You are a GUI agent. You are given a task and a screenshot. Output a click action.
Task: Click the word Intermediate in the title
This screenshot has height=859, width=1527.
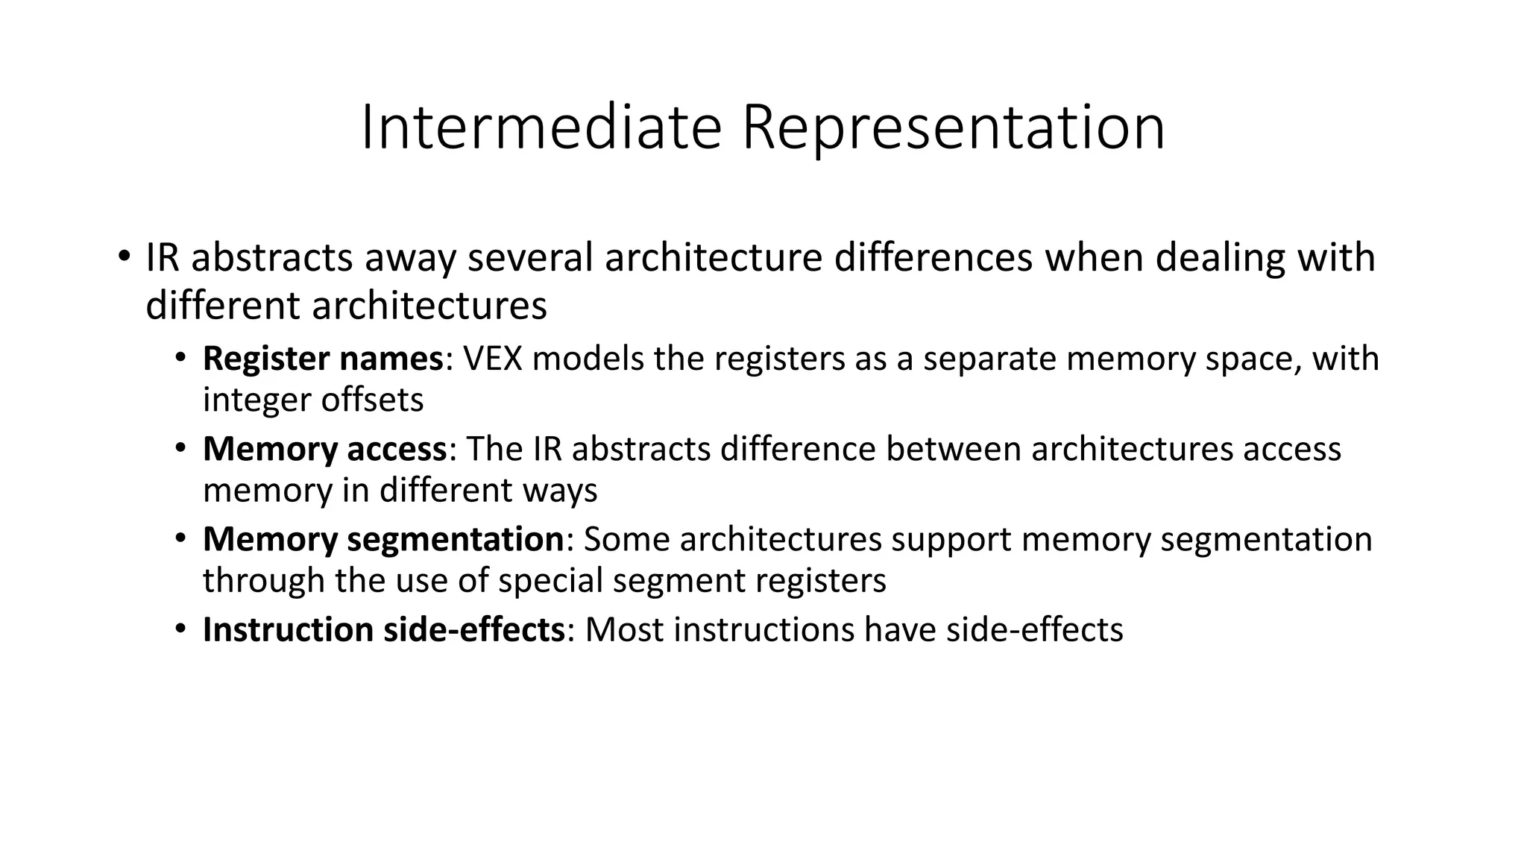pos(541,128)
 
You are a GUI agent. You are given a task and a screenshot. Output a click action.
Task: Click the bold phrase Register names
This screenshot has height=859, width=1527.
pos(323,359)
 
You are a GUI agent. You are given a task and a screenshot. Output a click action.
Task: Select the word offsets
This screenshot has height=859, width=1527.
pos(372,400)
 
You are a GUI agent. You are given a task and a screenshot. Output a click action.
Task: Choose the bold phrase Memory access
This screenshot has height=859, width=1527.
pos(324,450)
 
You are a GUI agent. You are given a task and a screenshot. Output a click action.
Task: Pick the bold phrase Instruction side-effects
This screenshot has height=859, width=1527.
pos(383,630)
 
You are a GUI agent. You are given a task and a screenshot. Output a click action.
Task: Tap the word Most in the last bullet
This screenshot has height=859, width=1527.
pos(624,630)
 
